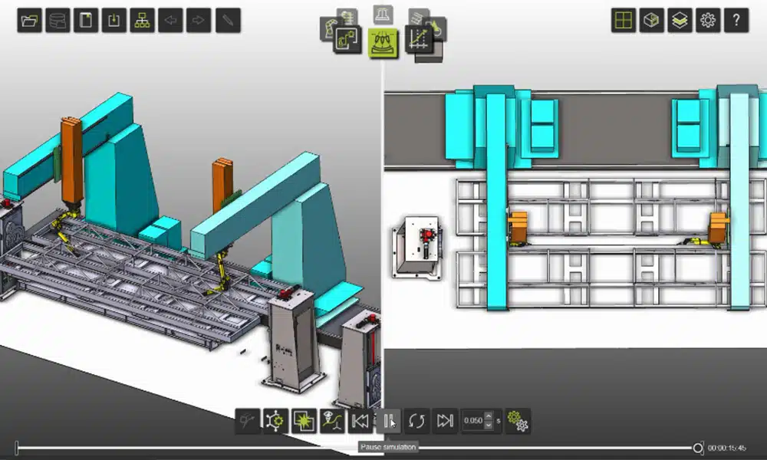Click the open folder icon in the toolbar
[30, 21]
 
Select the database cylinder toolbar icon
[58, 21]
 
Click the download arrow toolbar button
[114, 21]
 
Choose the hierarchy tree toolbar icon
[142, 21]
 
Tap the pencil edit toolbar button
[228, 21]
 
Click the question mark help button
[736, 21]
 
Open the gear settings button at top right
[707, 21]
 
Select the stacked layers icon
[680, 21]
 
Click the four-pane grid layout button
[624, 21]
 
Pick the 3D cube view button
[652, 21]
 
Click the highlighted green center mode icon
[383, 41]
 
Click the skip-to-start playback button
[360, 420]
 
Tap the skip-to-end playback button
[445, 420]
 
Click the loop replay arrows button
[416, 420]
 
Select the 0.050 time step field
[474, 420]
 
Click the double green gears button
[518, 420]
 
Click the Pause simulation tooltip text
[388, 447]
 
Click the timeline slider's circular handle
[697, 447]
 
